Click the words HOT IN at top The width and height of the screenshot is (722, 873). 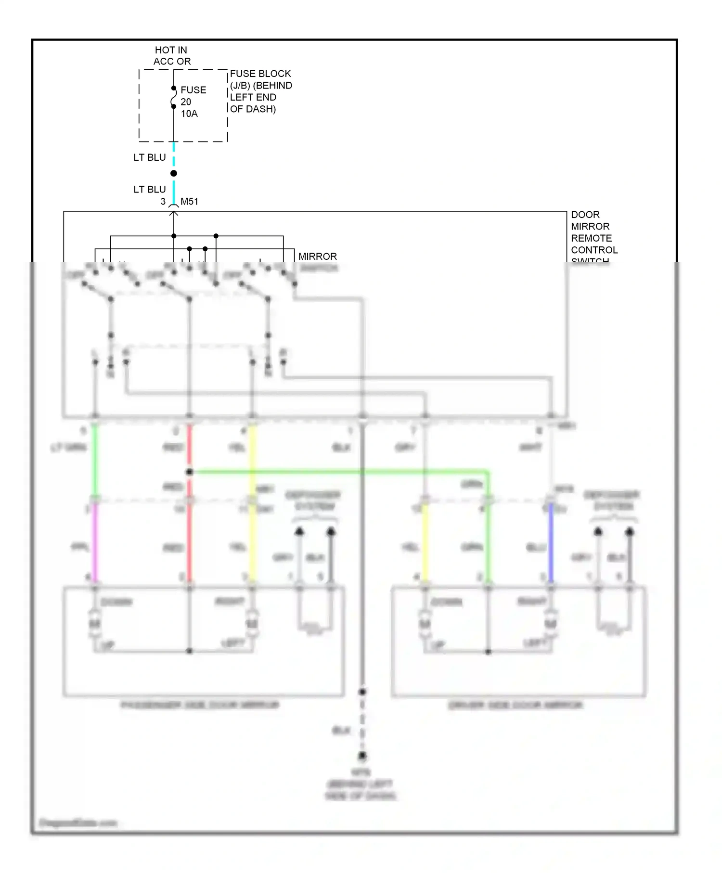coord(171,50)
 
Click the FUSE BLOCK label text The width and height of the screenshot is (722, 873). coord(260,74)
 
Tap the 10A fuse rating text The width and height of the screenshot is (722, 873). coord(189,114)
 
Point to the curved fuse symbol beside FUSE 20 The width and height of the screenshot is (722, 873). coord(173,98)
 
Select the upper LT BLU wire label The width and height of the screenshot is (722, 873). coord(149,157)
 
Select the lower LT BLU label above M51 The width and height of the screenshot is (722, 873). coord(149,189)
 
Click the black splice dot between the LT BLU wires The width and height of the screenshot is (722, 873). coord(174,173)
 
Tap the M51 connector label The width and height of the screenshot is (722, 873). coord(189,202)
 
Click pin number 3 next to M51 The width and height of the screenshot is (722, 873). coord(163,202)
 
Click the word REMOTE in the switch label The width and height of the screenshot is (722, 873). coord(591,238)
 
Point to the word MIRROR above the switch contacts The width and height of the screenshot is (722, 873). coord(317,257)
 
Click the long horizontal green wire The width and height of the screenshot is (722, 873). coord(337,472)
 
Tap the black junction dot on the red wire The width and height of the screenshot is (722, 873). coord(189,472)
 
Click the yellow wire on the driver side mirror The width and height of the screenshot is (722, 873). coord(425,541)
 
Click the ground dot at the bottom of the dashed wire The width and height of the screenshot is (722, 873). coord(362,756)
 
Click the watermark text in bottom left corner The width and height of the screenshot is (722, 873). coord(78,822)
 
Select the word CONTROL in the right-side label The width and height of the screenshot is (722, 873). coord(594,250)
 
